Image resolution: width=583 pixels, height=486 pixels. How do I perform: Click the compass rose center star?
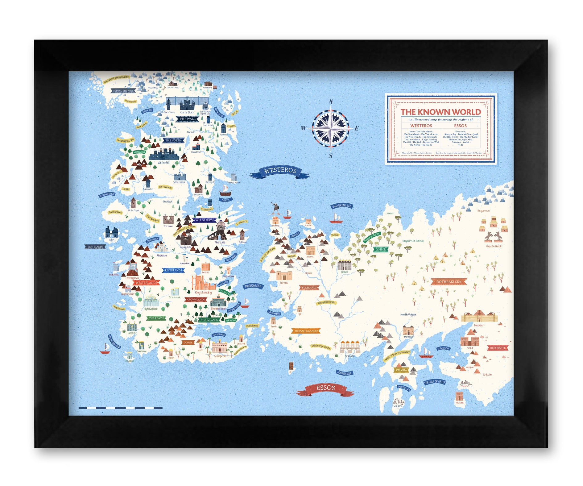point(330,128)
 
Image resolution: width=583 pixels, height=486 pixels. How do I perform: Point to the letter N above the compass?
point(331,102)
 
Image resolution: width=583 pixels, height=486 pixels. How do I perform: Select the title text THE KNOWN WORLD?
point(440,112)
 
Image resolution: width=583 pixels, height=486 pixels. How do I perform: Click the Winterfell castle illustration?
point(163,154)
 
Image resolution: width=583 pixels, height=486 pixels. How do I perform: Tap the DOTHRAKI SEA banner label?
point(449,281)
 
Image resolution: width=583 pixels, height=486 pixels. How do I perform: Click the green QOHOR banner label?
point(381,250)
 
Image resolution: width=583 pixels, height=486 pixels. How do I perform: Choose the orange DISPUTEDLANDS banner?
point(306,331)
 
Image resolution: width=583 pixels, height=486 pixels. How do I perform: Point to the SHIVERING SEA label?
point(342,206)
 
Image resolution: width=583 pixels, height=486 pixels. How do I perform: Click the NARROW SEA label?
point(253,286)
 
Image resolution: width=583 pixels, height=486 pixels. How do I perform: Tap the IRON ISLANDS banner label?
point(95,247)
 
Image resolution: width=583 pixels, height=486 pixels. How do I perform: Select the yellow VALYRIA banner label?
point(401,370)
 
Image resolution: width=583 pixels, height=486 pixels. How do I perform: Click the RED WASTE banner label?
point(498,348)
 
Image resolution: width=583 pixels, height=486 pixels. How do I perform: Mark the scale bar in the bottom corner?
point(120,408)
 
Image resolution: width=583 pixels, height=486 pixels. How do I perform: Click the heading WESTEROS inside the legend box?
point(421,126)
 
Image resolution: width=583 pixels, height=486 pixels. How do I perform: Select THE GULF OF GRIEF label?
point(435,382)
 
